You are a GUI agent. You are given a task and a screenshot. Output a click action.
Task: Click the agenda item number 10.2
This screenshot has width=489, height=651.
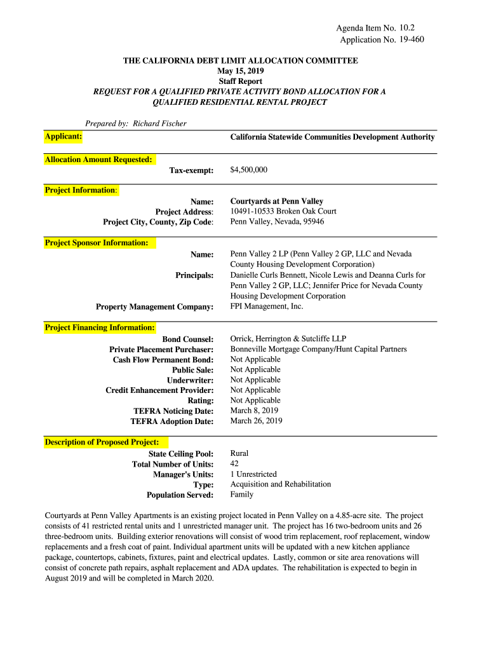coord(412,28)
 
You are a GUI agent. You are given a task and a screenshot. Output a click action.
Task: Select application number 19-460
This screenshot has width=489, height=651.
coord(412,39)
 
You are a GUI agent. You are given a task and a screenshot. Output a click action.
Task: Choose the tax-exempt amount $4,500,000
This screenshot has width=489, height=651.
coord(249,170)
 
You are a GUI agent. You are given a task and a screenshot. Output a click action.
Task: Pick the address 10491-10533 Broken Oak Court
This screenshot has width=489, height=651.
coord(283,211)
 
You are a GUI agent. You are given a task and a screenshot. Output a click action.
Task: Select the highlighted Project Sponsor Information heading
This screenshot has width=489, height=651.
coord(97,243)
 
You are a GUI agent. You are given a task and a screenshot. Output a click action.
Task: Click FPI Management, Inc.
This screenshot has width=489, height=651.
coord(267,306)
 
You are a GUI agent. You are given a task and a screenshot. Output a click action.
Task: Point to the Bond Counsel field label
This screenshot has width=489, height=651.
coord(188,339)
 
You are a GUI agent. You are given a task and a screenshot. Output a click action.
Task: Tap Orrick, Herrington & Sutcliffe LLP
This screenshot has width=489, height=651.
coord(288,339)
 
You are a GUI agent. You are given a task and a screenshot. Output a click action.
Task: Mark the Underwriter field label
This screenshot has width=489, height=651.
coord(190,380)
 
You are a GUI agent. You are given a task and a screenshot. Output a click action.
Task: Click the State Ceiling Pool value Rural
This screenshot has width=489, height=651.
coord(239,453)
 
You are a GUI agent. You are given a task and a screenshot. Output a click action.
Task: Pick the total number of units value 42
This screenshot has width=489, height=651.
coord(234,464)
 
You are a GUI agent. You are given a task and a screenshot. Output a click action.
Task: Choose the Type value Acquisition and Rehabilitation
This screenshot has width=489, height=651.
coord(280,484)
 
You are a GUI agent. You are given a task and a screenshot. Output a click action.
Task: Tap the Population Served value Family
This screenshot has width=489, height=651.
coord(241,495)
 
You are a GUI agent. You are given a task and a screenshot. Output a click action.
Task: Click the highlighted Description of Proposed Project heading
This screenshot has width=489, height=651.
coord(102,442)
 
